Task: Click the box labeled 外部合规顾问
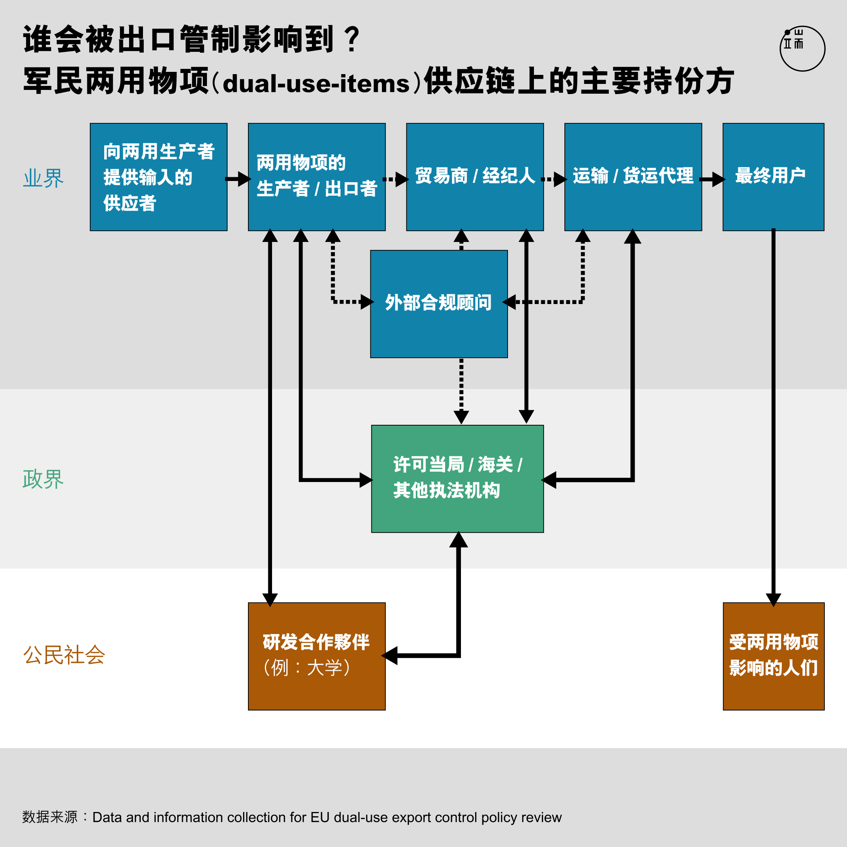click(439, 304)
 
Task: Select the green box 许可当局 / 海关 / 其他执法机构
click(457, 479)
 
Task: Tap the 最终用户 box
click(773, 177)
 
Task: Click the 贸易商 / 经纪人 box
click(475, 177)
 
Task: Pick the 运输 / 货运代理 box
click(633, 177)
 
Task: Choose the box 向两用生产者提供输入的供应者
click(159, 177)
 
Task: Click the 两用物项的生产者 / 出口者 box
click(316, 177)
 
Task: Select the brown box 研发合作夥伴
click(316, 656)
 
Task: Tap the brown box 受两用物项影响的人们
click(774, 656)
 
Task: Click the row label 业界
click(43, 178)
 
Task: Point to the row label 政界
click(43, 479)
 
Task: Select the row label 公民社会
click(64, 655)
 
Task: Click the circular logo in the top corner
click(802, 48)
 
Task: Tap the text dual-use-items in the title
click(316, 83)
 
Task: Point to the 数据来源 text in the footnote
click(50, 817)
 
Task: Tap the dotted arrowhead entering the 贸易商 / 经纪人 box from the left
click(402, 179)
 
